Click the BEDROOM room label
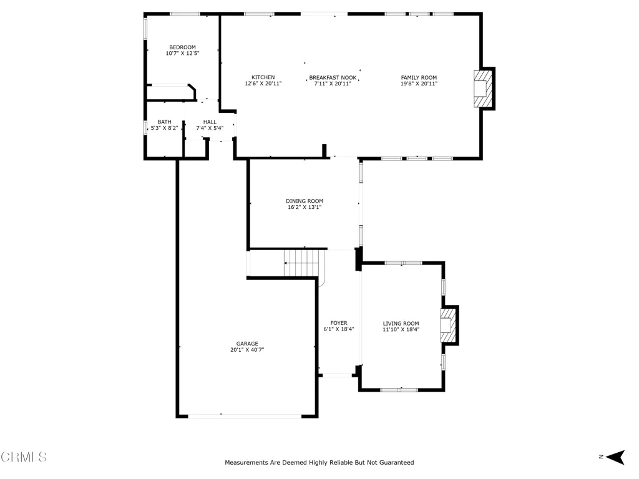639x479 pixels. point(182,47)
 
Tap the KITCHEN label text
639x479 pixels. point(263,77)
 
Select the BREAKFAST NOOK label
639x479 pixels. point(333,78)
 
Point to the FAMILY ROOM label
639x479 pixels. point(419,77)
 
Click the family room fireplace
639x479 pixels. point(482,88)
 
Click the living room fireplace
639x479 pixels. point(447,324)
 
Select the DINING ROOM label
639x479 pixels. point(305,201)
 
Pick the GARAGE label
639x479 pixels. point(247,343)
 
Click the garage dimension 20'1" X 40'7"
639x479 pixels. point(247,350)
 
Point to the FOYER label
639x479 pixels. point(339,323)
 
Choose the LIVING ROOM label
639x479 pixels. point(401,324)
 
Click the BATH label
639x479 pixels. point(164,122)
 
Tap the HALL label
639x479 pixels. point(210,122)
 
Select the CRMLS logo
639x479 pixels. point(24,457)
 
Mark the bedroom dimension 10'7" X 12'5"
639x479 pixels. point(182,54)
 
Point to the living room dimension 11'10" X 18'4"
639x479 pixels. point(401,330)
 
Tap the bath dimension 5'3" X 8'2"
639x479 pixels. point(164,128)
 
